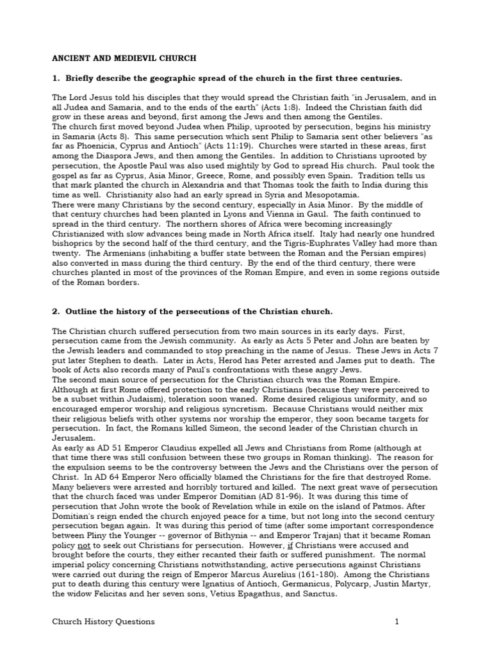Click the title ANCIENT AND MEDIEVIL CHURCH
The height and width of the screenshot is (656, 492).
124,58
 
